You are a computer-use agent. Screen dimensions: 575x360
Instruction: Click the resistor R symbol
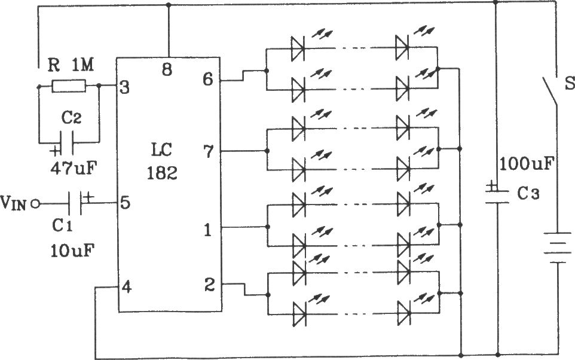coord(69,87)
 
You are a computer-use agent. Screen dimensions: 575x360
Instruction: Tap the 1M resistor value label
coord(82,66)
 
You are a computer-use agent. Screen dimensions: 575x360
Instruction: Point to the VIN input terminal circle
coord(35,204)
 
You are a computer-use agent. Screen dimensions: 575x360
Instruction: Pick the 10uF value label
coord(72,251)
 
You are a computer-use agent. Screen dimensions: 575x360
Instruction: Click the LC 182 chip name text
coord(162,161)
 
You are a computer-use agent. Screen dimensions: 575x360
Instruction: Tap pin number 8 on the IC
coord(167,69)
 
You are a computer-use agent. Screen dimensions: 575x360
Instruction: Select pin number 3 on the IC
coord(125,88)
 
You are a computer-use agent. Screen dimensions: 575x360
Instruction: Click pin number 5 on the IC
coord(125,203)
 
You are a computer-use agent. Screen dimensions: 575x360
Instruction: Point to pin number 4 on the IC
coord(126,287)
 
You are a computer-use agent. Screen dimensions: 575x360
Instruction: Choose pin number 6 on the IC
coord(208,79)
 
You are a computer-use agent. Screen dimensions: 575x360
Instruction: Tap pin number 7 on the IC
coord(208,151)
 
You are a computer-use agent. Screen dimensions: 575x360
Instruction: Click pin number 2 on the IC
coord(209,285)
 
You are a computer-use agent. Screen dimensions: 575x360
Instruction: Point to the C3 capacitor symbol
coord(497,194)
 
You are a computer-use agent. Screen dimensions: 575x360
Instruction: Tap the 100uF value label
coord(526,163)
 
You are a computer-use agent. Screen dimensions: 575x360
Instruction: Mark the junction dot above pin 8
coord(169,5)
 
